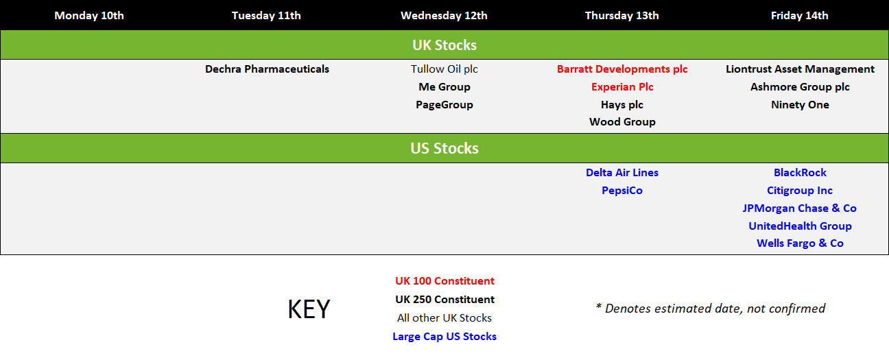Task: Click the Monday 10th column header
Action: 89,16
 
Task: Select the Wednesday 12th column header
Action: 444,16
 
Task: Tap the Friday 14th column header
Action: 799,16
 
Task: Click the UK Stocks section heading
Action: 444,45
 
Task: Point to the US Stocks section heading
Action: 444,148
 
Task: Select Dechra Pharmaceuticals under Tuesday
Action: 267,69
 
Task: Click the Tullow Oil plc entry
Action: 444,69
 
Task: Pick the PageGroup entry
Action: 444,105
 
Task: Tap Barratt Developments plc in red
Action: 622,69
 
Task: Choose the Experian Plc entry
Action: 622,87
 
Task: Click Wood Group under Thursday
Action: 622,122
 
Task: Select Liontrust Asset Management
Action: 800,69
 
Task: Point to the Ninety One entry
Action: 800,105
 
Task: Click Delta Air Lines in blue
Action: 622,173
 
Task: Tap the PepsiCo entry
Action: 622,191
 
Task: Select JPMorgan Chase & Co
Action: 800,208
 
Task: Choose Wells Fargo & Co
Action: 800,243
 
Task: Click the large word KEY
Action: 309,309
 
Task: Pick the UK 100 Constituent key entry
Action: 444,281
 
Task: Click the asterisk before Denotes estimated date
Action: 598,306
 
